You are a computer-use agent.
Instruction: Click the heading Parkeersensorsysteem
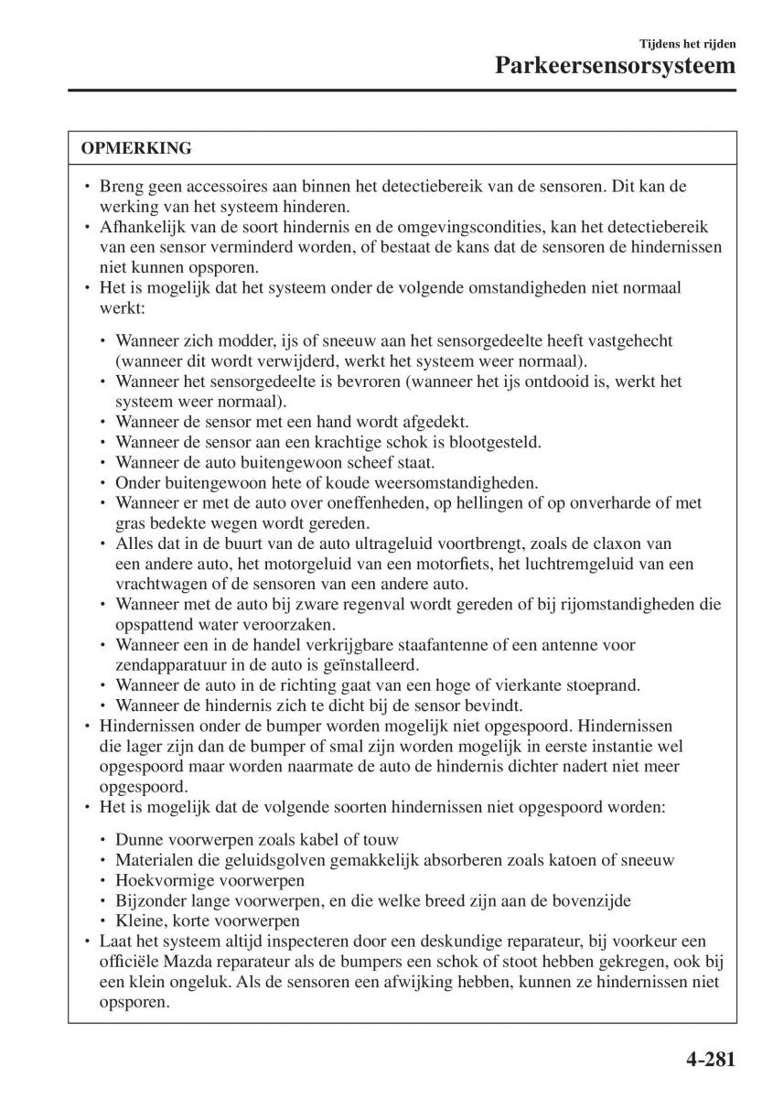pyautogui.click(x=616, y=66)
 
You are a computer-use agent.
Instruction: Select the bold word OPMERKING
pyautogui.click(x=136, y=147)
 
